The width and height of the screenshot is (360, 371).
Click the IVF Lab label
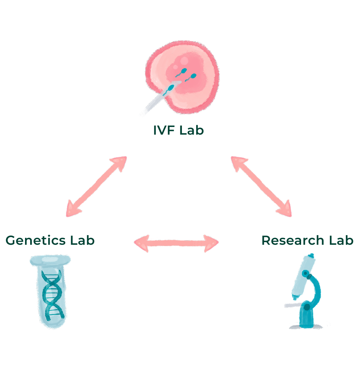[x=178, y=131]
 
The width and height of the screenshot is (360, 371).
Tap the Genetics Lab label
[x=50, y=240]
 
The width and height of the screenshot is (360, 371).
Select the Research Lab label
[x=307, y=240]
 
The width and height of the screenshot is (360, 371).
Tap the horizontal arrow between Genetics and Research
[x=176, y=243]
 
